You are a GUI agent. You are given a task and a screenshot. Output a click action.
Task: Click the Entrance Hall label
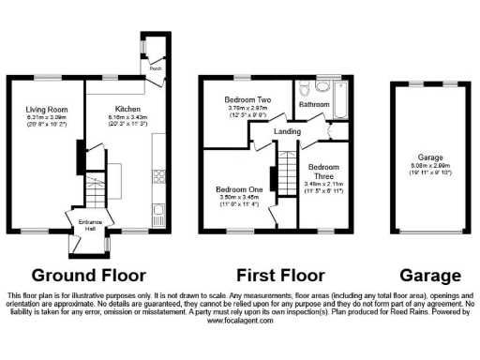87,224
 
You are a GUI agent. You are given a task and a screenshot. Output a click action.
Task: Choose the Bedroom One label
238,189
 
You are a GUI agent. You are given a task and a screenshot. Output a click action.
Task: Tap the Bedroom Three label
323,172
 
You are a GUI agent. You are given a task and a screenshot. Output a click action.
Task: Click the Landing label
287,131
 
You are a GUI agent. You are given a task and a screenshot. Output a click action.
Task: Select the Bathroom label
315,104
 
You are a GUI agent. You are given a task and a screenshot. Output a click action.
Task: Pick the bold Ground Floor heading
89,276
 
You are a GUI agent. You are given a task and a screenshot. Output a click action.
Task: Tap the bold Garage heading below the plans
430,276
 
